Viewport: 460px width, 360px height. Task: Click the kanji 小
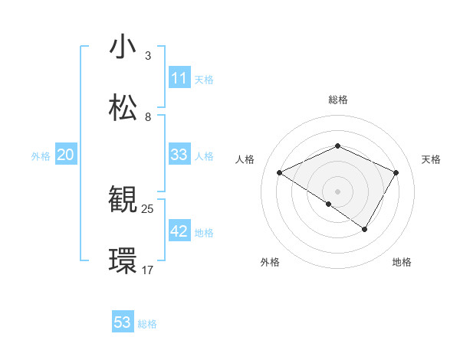[x=123, y=47]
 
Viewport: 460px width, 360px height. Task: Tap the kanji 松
[x=123, y=108]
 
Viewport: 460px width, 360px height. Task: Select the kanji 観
[x=123, y=200]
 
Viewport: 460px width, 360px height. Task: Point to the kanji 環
[x=123, y=261]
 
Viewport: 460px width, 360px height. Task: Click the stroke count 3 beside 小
[x=148, y=56]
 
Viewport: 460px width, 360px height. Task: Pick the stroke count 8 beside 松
[x=148, y=117]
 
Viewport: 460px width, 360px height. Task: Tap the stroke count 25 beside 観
[x=148, y=208]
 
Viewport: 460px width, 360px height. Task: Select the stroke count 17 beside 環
[x=148, y=270]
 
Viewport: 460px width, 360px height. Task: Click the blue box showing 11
[x=179, y=78]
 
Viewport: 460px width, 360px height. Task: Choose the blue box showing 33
[x=179, y=155]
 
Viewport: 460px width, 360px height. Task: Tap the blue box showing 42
[x=179, y=231]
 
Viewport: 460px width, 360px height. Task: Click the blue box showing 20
[x=66, y=155]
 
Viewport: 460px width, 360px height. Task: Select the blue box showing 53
[x=123, y=322]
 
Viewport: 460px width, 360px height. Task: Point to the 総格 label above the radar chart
[x=337, y=100]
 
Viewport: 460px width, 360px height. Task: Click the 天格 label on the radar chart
[x=432, y=159]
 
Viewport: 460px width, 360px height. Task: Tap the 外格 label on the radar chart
[x=270, y=263]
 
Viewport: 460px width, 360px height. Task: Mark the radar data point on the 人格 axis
[x=280, y=173]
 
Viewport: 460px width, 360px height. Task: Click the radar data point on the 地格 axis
[x=365, y=229]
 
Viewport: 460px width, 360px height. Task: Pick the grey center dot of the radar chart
[x=337, y=191]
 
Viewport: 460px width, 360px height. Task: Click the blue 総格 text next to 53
[x=147, y=324]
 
